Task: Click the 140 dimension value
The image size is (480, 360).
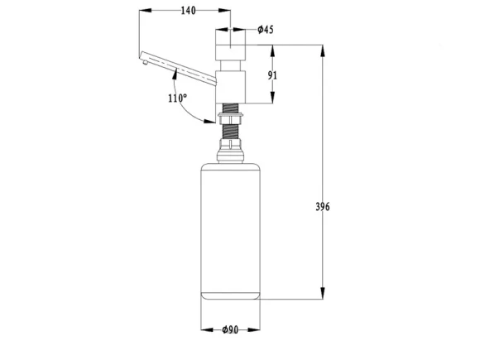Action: tap(188, 11)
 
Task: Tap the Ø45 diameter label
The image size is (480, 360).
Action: tap(266, 30)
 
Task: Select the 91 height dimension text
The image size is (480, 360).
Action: tap(272, 75)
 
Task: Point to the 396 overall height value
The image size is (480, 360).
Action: tap(323, 207)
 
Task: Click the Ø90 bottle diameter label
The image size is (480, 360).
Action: tap(230, 329)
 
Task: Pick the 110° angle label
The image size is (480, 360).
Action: tap(177, 98)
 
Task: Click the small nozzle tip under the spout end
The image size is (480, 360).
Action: tap(145, 63)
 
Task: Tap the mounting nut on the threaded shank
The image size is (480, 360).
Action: tap(231, 118)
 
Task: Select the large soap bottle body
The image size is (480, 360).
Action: tap(230, 231)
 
